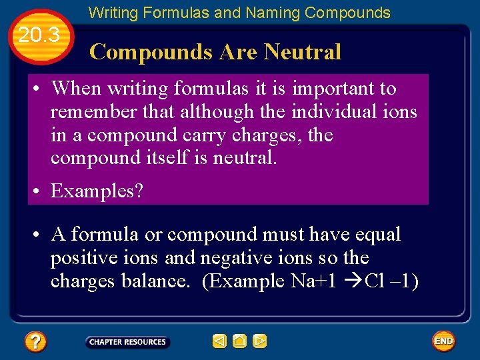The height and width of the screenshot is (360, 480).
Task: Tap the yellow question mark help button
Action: (x=35, y=342)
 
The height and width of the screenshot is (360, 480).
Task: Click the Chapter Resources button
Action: (x=127, y=342)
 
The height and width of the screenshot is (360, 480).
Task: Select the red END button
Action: (x=443, y=341)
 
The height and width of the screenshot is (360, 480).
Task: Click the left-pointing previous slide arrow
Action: (x=219, y=341)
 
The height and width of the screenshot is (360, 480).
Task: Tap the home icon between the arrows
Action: (x=239, y=341)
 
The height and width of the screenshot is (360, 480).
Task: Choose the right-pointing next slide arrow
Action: (x=260, y=341)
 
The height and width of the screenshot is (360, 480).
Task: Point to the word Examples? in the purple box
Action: (x=97, y=191)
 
